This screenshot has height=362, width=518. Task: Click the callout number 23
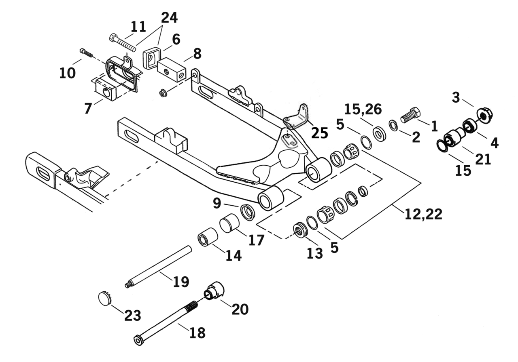click(132, 315)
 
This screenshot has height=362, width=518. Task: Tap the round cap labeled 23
click(105, 298)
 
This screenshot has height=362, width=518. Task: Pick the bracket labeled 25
click(297, 117)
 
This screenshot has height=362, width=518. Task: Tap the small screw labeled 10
click(87, 53)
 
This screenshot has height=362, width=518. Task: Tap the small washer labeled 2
click(393, 126)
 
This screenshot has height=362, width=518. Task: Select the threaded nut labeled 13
click(299, 230)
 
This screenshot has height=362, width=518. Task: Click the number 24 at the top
click(169, 17)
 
